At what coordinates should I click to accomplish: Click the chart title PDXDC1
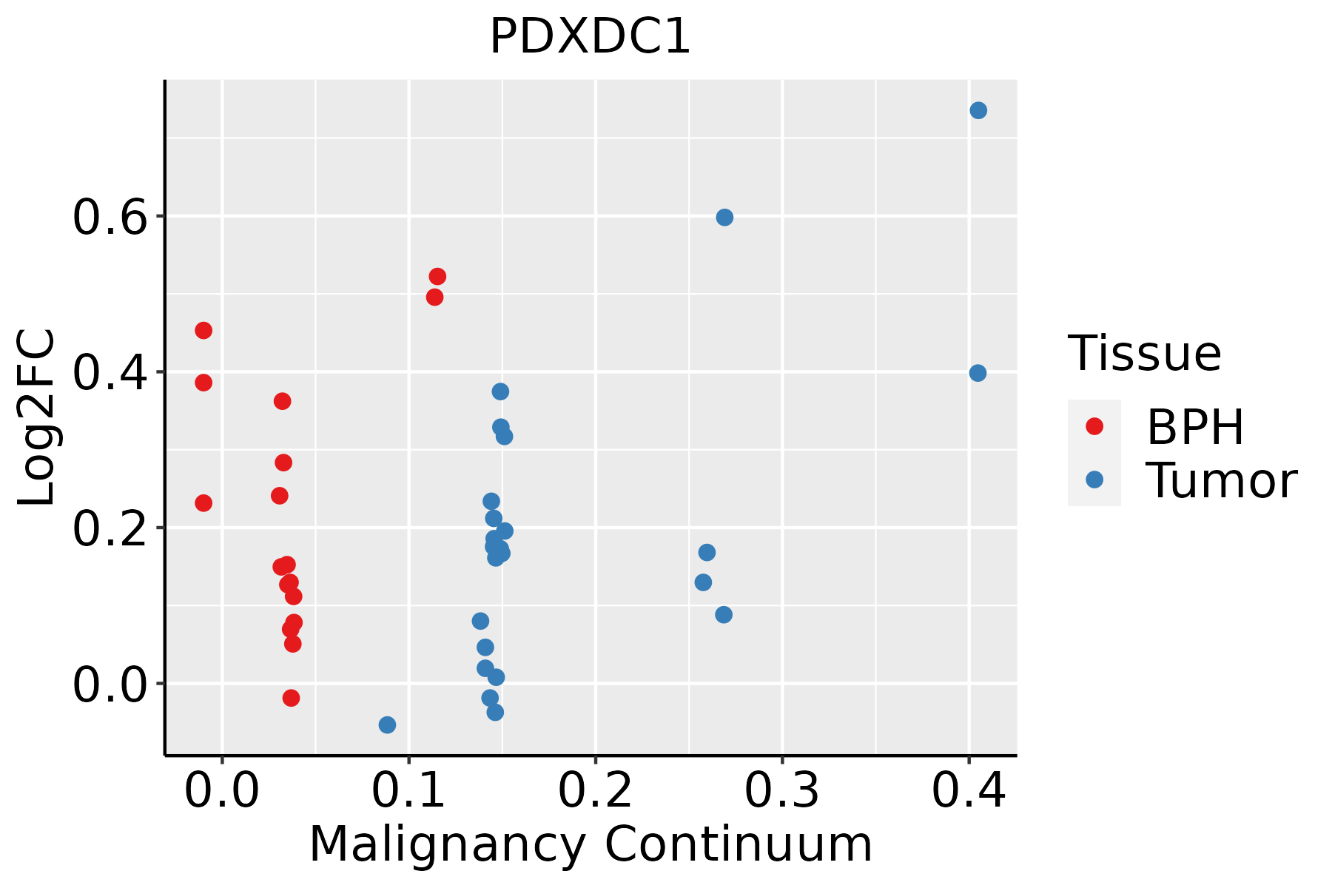click(590, 37)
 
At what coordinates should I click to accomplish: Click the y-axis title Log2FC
click(37, 418)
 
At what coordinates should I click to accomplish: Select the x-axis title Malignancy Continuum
click(590, 844)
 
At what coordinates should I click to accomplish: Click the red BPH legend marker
click(1094, 426)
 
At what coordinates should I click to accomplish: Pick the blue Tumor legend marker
click(1094, 480)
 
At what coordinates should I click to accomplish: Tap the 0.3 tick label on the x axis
click(781, 790)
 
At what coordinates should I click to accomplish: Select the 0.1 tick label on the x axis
click(408, 790)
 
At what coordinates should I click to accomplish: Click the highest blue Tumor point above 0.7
click(978, 110)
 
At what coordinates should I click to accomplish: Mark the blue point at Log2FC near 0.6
click(724, 217)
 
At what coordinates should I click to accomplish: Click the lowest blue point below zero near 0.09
click(387, 724)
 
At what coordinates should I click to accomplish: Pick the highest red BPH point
click(437, 277)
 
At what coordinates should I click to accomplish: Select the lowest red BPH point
click(291, 698)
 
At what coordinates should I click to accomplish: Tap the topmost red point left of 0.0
click(203, 330)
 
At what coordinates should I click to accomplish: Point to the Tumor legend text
click(1221, 481)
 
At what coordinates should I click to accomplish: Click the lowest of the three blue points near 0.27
click(724, 615)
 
